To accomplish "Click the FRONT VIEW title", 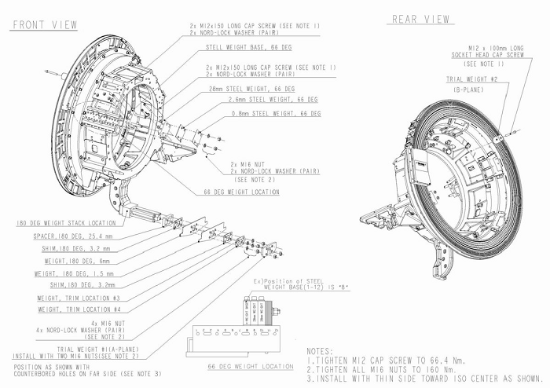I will click(x=44, y=25).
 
